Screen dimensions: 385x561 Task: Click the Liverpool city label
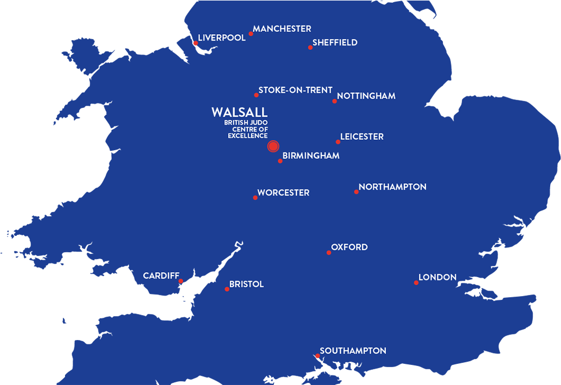coord(222,38)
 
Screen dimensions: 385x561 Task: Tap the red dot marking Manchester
coord(251,34)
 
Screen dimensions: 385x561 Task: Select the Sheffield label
coord(335,43)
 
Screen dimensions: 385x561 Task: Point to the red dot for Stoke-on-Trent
coord(256,95)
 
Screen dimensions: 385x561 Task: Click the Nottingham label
coord(366,96)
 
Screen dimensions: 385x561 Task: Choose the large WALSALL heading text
coord(239,112)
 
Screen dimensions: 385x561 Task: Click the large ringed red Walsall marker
coord(273,146)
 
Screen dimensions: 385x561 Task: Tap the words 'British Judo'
coord(246,123)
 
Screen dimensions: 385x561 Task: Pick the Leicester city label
coord(362,137)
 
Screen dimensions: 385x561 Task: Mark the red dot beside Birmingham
coord(280,161)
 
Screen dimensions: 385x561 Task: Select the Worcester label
coord(283,193)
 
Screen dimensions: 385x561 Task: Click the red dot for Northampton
coord(356,191)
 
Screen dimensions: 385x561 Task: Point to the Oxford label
coord(349,247)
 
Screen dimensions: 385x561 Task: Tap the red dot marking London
coord(416,283)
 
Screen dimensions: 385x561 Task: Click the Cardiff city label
coord(161,276)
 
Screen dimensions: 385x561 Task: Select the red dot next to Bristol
coord(227,289)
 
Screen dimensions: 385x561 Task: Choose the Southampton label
coord(353,351)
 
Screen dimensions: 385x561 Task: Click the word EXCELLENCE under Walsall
coord(248,136)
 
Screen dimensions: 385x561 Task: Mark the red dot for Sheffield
coord(311,47)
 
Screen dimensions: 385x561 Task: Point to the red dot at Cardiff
coord(181,281)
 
